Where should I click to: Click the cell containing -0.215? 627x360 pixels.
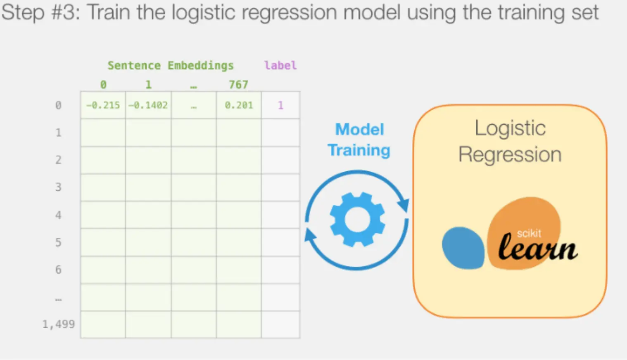(x=103, y=105)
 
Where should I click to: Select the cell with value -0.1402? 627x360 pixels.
(x=148, y=105)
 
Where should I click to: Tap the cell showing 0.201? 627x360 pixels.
(x=239, y=105)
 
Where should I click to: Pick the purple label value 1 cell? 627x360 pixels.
(x=280, y=105)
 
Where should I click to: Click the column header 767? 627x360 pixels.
(x=238, y=85)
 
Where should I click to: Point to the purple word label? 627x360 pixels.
(x=280, y=66)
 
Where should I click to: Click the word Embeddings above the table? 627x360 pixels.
(x=200, y=66)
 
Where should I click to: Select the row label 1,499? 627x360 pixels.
(x=59, y=324)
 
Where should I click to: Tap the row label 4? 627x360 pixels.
(x=58, y=215)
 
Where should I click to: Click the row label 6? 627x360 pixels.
(x=58, y=270)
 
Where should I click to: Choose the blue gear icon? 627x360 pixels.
(x=357, y=220)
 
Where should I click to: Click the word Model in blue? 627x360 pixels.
(x=360, y=130)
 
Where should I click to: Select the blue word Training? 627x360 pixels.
(x=359, y=151)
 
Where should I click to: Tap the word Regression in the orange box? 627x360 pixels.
(x=510, y=155)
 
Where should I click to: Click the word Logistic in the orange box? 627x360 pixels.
(x=510, y=128)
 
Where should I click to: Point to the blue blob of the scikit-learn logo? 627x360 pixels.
(x=463, y=248)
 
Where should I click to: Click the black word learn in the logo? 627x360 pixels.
(x=538, y=248)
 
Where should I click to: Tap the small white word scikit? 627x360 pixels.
(x=529, y=233)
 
